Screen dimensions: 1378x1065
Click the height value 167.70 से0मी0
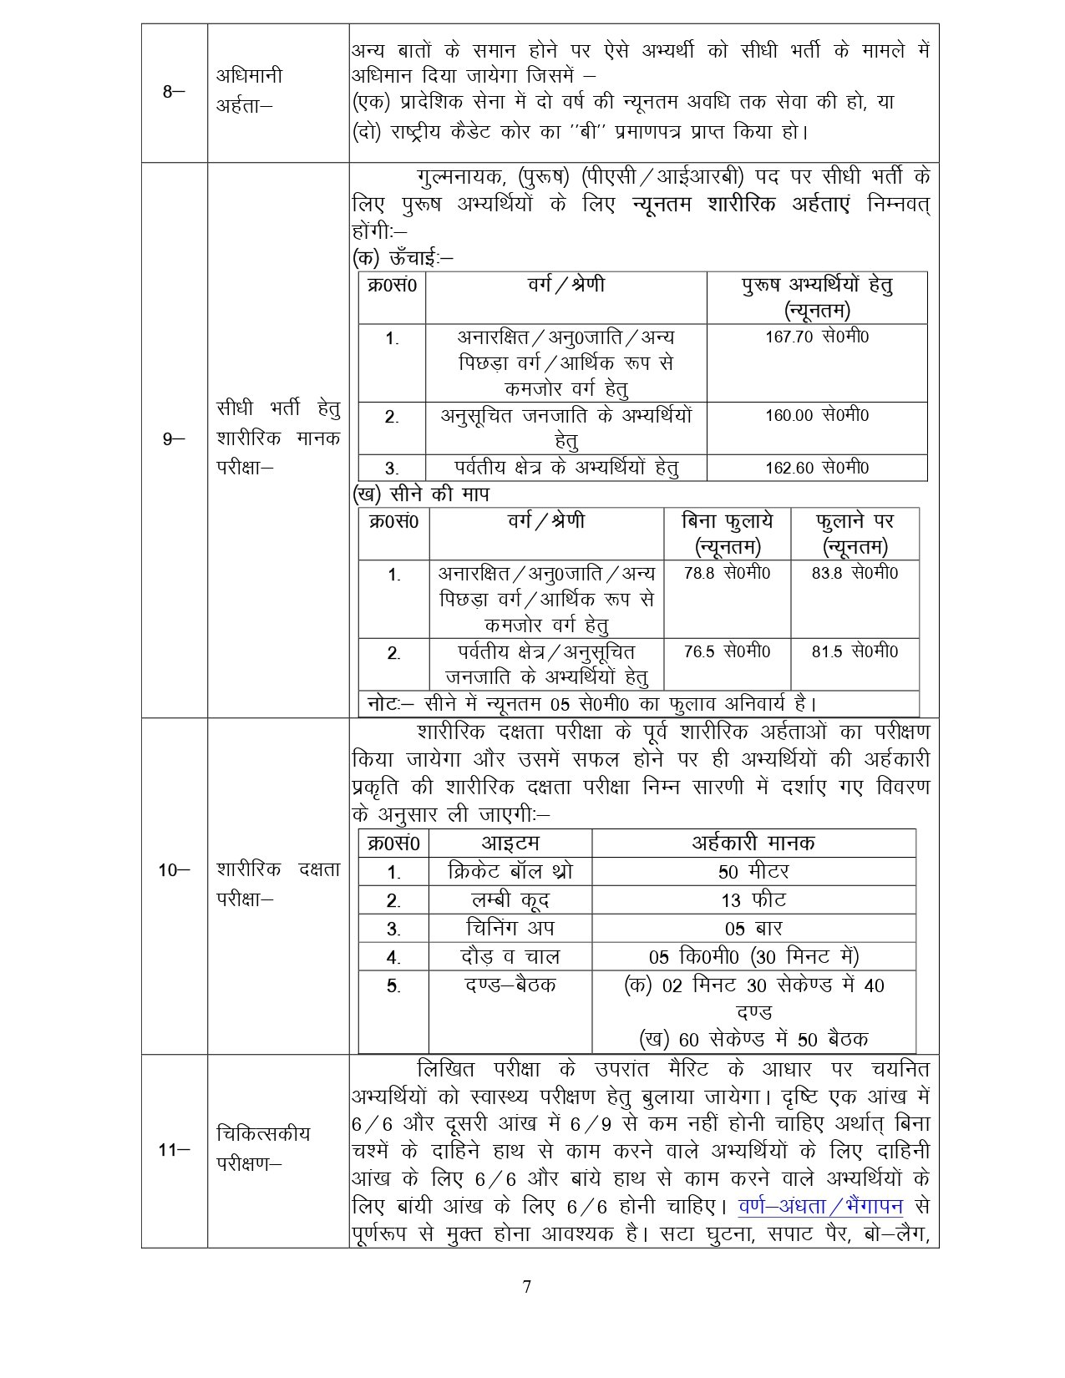(x=817, y=337)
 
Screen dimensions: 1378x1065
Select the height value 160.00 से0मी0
(x=817, y=415)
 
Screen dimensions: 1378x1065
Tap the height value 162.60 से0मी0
(x=817, y=468)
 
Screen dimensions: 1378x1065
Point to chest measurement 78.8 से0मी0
(x=727, y=574)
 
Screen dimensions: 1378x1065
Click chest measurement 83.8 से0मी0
(x=855, y=574)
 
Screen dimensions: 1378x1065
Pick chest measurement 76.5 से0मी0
(x=727, y=651)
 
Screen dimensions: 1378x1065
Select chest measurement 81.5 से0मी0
(x=855, y=651)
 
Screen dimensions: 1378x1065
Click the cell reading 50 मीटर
(x=753, y=872)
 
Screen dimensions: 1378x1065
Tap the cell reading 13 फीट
(x=753, y=900)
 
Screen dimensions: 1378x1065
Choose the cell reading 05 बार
(x=753, y=929)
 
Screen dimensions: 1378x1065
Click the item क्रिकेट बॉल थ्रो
(x=510, y=872)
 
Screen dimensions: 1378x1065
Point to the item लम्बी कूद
(x=510, y=900)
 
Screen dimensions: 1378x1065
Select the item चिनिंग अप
(x=510, y=929)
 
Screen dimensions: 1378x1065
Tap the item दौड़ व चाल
(x=510, y=957)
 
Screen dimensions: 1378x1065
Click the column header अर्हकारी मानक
(x=753, y=843)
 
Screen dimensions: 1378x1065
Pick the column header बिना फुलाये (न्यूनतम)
(x=727, y=534)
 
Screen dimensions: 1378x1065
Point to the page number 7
(x=526, y=1287)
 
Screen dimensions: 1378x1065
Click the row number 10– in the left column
(x=174, y=871)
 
